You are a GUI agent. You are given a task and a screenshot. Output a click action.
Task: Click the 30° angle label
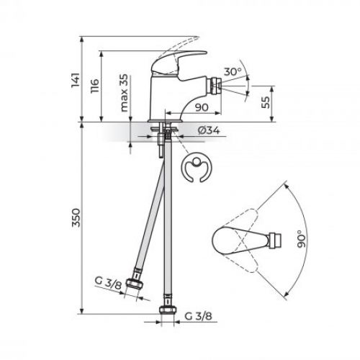(232, 72)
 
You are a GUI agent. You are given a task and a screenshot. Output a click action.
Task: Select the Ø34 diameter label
(208, 130)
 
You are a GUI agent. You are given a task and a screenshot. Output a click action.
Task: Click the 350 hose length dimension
(79, 220)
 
